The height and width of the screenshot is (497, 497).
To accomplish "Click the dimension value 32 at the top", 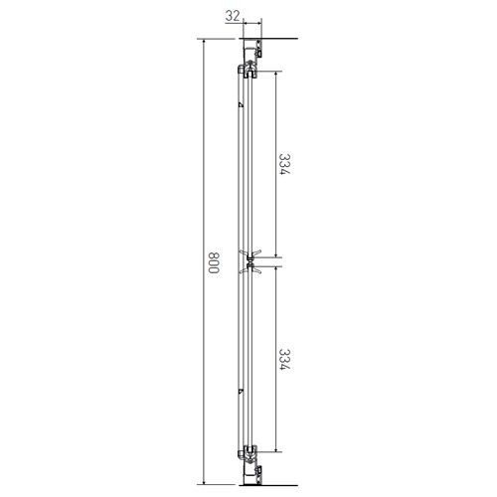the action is point(232,16).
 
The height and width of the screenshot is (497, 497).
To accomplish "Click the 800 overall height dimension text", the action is point(214,262).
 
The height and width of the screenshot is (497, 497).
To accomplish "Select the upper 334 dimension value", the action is point(284,164).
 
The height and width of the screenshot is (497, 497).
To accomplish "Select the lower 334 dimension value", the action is point(284,359).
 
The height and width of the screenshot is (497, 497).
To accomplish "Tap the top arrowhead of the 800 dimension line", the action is point(204,43).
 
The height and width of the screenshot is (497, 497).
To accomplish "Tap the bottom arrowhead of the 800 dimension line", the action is point(204,481).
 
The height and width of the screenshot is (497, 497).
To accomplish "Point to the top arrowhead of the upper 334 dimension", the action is point(275,75).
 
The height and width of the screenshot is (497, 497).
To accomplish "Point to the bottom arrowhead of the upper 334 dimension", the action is point(275,253).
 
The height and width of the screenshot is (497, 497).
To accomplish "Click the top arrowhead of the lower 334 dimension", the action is point(275,270).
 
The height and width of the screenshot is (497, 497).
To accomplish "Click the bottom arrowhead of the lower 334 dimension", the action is point(275,448).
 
